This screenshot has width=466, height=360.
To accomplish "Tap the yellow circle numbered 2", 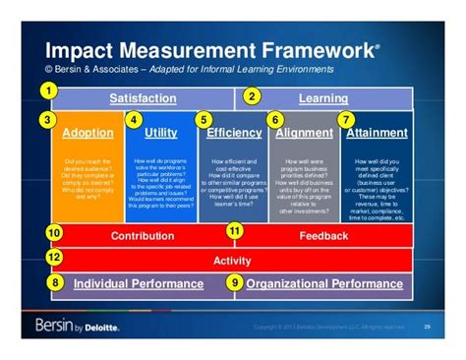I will (252, 96).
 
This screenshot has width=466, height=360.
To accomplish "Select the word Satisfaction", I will (143, 98).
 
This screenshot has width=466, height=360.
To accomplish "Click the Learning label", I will (323, 98).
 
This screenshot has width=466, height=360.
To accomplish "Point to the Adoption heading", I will (87, 133).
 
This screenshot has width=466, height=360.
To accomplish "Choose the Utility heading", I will (160, 133).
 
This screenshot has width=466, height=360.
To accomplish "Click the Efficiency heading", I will (233, 133).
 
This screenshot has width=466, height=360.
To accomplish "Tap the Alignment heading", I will (304, 133).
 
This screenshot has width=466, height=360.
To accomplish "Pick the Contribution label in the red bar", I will (143, 236).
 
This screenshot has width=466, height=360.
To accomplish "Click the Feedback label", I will (323, 236).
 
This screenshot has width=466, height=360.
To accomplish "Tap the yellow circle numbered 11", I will (235, 231).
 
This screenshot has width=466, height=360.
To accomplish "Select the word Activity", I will (233, 261).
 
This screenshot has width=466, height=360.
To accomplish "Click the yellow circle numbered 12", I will (54, 258).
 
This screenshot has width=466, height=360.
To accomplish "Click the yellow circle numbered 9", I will (234, 283).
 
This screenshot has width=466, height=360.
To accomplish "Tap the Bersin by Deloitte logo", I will (78, 326).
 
